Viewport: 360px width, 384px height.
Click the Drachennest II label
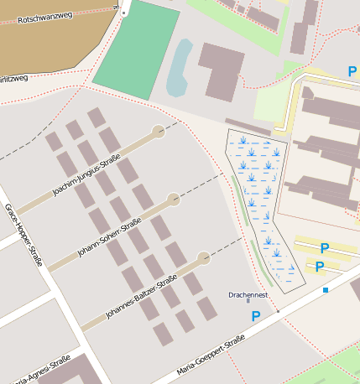248,297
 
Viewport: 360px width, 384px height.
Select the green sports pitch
135,52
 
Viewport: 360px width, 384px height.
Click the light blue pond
178,68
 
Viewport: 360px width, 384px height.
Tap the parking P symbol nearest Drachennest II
256,316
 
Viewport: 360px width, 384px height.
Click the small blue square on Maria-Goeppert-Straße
325,290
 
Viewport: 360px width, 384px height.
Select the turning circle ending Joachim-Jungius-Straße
158,130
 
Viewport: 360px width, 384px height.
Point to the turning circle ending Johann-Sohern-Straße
174,200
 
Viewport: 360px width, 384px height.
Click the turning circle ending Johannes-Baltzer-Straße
203,258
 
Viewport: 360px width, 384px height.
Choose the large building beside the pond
222,71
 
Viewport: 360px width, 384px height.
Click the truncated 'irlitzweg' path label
14,78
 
